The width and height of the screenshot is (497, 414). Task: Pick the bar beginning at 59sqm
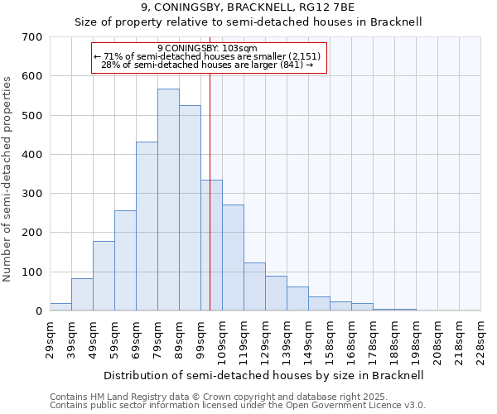125,261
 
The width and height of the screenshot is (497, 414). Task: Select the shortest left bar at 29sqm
60,307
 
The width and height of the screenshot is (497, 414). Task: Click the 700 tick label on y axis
32,37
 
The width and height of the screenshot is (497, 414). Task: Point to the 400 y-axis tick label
32,155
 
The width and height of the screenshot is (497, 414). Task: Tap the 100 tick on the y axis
32,272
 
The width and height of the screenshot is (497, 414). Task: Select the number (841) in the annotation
292,65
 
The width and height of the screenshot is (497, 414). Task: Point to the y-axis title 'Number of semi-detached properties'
7,178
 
